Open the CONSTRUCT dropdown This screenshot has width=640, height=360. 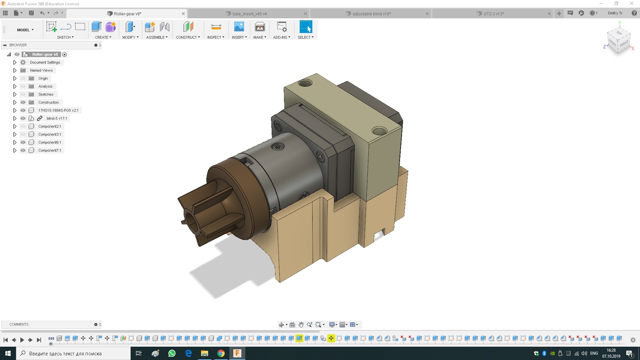click(x=188, y=37)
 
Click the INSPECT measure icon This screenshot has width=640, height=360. click(x=216, y=27)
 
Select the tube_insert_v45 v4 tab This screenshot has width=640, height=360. click(x=249, y=14)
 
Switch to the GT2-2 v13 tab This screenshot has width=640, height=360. click(x=493, y=14)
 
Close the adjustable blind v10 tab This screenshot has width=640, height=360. click(x=427, y=14)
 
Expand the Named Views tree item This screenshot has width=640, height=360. click(x=15, y=70)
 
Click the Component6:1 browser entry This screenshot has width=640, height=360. click(x=50, y=142)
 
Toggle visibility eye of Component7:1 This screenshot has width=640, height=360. click(x=23, y=150)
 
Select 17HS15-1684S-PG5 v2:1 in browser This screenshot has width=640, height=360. click(x=58, y=110)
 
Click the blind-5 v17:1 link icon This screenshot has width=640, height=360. click(x=40, y=118)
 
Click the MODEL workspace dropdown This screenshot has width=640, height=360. click(x=25, y=30)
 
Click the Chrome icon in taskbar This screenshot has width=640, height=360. click(x=221, y=353)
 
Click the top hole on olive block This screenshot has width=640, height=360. click(x=305, y=83)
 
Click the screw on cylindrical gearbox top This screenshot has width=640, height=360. click(x=278, y=147)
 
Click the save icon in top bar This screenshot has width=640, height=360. click(x=31, y=13)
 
